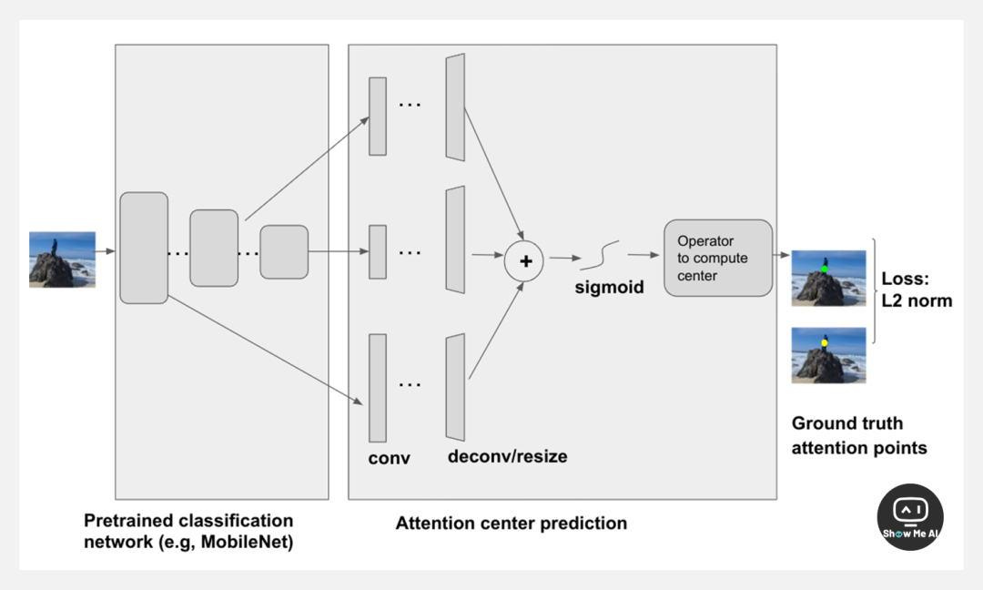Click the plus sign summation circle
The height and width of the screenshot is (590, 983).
pos(524,260)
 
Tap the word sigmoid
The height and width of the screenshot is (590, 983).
pos(609,288)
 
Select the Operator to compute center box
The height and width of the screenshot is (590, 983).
pos(718,258)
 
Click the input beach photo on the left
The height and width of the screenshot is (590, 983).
pos(62,259)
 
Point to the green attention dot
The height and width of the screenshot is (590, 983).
pos(825,270)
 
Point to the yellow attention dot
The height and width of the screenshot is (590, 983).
pos(825,343)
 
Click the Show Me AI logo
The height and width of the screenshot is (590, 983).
pos(910,516)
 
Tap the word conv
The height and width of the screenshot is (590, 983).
pos(389,458)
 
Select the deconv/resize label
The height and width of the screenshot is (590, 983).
pos(507,456)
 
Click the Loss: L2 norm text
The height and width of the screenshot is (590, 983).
pos(917,290)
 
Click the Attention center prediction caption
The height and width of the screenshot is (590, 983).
pos(511,524)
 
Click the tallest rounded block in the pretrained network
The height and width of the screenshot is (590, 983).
pos(144,248)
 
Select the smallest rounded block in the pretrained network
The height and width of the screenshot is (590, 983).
pos(284,251)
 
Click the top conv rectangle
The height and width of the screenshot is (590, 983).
pos(377,116)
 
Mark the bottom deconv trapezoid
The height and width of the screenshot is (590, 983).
pos(455,387)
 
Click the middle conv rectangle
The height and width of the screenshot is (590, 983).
pos(377,252)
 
